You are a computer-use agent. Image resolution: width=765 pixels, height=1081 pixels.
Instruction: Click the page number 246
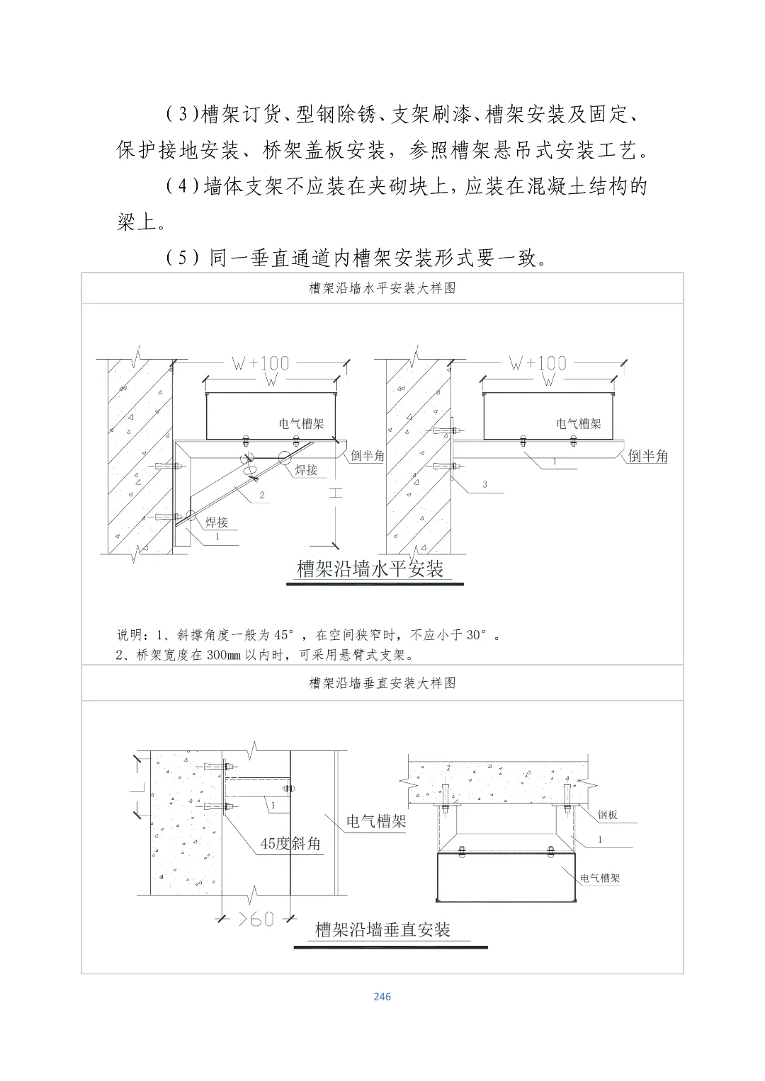(382, 997)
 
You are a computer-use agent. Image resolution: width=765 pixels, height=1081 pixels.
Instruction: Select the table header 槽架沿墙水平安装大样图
(382, 288)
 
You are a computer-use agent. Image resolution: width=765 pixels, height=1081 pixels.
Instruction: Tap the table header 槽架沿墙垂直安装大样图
(382, 683)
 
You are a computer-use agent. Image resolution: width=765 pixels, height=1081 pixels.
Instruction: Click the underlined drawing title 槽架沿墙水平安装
(370, 568)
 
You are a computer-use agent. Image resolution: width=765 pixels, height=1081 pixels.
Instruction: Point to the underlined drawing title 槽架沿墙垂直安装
(382, 930)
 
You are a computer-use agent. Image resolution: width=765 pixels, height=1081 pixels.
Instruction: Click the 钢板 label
(607, 815)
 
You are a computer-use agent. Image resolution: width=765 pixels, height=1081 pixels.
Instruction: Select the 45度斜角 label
(290, 844)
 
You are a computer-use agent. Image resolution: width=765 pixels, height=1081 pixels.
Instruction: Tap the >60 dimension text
(256, 919)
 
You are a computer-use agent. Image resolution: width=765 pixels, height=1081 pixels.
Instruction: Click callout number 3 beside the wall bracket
(484, 484)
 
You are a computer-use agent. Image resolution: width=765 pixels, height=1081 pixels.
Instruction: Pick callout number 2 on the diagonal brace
(262, 495)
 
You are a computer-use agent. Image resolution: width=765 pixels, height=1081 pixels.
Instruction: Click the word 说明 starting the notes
(130, 635)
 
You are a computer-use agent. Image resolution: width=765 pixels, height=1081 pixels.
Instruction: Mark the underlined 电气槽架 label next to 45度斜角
(375, 822)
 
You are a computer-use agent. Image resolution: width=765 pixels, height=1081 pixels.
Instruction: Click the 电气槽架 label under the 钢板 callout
(600, 879)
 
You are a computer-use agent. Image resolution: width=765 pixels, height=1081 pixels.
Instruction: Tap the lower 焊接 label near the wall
(217, 523)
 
